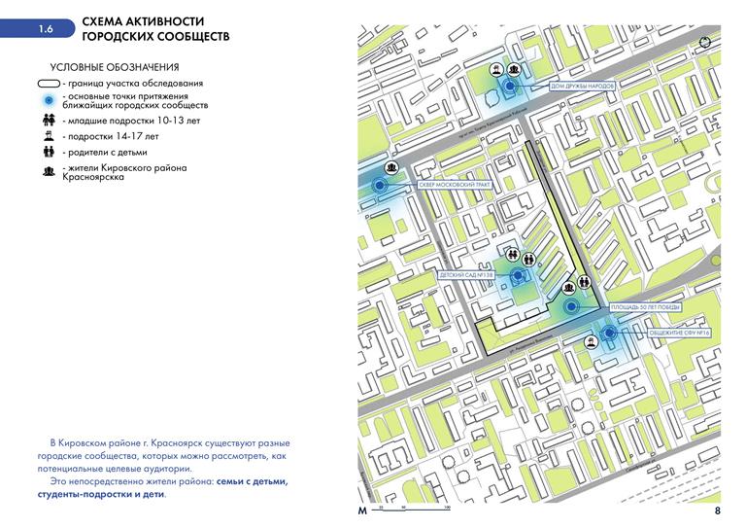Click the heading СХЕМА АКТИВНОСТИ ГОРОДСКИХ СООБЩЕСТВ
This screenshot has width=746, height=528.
click(x=155, y=28)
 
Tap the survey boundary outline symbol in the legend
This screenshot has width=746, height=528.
click(x=47, y=84)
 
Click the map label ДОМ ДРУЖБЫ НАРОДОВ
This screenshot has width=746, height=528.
click(x=583, y=86)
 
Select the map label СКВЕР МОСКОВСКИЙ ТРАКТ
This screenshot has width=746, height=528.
click(x=454, y=184)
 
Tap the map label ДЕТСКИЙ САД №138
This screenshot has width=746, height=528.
click(x=467, y=276)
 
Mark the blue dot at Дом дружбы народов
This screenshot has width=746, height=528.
click(x=507, y=86)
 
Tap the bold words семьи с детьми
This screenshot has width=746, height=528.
click(x=253, y=481)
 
